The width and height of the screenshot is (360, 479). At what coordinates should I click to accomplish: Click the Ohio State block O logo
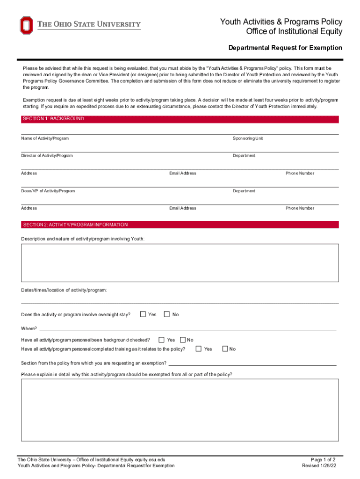pos(26,25)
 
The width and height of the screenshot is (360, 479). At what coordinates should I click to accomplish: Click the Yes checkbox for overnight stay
pos(143,314)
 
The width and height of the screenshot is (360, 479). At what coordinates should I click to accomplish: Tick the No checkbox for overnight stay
pos(166,314)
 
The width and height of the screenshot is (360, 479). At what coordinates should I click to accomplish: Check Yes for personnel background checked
pos(161,340)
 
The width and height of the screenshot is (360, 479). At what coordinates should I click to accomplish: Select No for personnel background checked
pos(183,340)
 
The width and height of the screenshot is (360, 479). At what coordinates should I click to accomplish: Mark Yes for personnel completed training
pos(199,348)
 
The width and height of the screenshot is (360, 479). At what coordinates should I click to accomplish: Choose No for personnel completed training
pos(225,348)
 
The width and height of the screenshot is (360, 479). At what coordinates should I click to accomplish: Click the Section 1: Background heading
pos(53,119)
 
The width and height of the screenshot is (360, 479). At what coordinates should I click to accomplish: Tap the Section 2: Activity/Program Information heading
pos(75,225)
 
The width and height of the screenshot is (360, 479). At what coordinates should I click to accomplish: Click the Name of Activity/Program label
pos(45,138)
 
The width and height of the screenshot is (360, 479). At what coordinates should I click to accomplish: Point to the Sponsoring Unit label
pos(248,138)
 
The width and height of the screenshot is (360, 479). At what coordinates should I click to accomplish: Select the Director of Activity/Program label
pos(47,155)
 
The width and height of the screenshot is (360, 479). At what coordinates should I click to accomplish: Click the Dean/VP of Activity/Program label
pos(48,191)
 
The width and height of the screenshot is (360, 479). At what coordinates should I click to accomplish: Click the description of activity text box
pos(180,263)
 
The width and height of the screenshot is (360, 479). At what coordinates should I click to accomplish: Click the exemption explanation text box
pos(180,410)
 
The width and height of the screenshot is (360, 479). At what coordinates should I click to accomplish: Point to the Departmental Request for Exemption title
pos(285,48)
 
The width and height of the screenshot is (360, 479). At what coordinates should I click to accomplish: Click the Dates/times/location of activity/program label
pos(64,290)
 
